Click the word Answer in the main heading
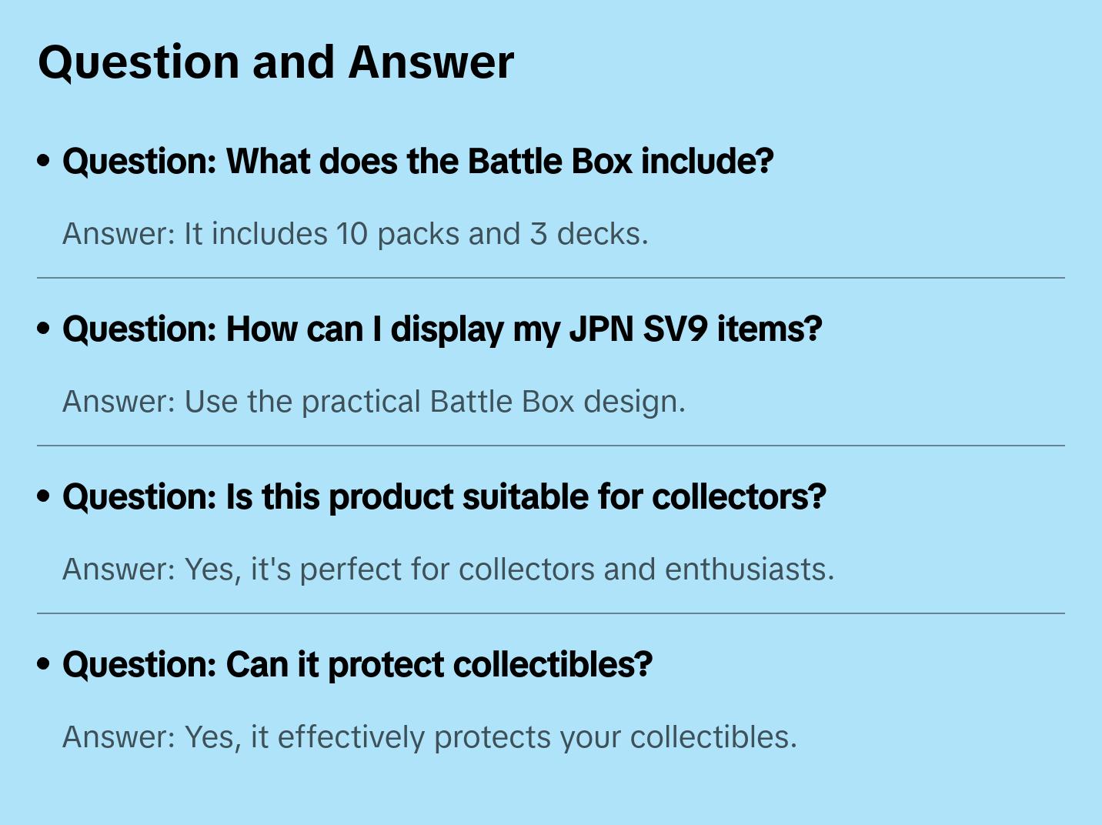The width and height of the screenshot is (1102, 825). pyautogui.click(x=431, y=62)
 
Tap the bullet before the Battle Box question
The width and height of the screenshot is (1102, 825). pyautogui.click(x=44, y=161)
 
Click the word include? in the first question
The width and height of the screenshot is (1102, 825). pyautogui.click(x=707, y=161)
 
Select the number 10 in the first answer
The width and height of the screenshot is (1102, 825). pyautogui.click(x=352, y=234)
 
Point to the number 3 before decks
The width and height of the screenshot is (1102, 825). pyautogui.click(x=538, y=234)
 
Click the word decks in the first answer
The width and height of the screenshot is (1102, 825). pyautogui.click(x=602, y=234)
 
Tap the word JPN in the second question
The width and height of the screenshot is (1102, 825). pyautogui.click(x=601, y=329)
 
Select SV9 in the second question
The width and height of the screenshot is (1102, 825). pyautogui.click(x=675, y=329)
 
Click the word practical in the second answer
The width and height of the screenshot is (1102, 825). pyautogui.click(x=361, y=402)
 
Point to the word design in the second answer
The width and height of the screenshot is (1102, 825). pyautogui.click(x=634, y=402)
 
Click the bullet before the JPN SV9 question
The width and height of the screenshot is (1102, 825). pyautogui.click(x=44, y=329)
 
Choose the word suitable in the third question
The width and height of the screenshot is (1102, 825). pyautogui.click(x=525, y=497)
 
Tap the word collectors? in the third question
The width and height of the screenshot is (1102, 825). pyautogui.click(x=739, y=497)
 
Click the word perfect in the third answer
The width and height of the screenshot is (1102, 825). pyautogui.click(x=351, y=570)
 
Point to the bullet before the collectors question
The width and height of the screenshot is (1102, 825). pyautogui.click(x=44, y=496)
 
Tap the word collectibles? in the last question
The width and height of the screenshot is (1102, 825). pyautogui.click(x=553, y=664)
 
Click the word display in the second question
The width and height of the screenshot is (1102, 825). pyautogui.click(x=447, y=330)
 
